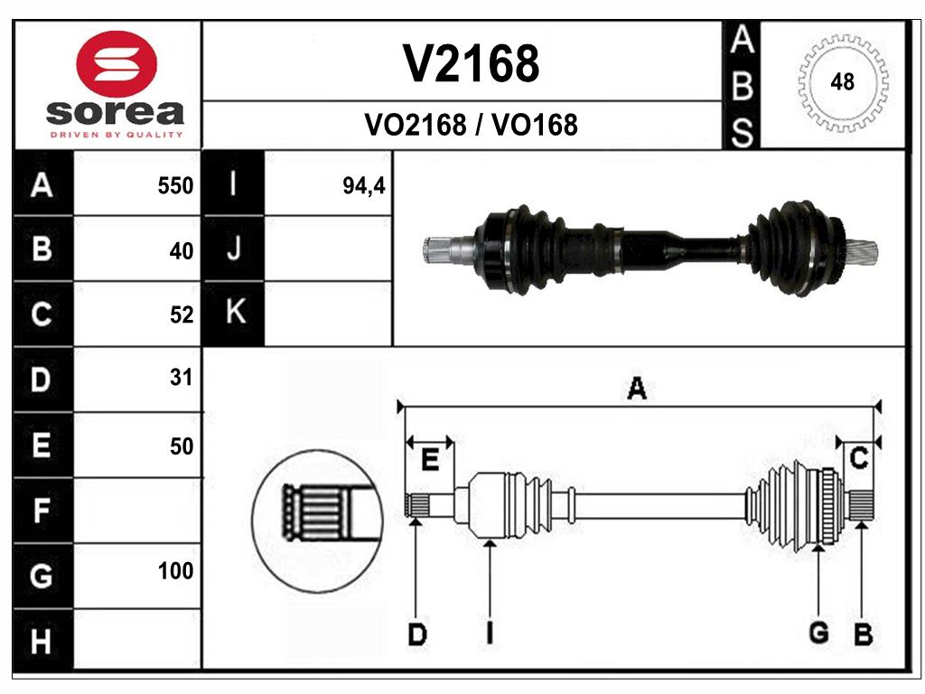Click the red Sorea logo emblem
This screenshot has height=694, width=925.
(x=115, y=65)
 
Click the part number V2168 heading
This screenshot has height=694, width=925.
(x=471, y=64)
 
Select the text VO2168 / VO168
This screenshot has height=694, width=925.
(x=471, y=125)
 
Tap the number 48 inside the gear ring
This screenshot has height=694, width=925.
(x=842, y=83)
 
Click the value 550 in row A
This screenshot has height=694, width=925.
(x=175, y=186)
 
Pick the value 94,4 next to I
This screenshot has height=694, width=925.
(x=364, y=186)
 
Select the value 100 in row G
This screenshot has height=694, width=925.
(x=175, y=571)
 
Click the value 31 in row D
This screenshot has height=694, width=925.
(x=181, y=378)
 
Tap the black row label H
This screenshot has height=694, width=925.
(x=42, y=642)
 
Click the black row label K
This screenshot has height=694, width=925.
(x=234, y=313)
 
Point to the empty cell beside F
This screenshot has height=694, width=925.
(x=136, y=511)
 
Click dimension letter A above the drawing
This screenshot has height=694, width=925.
(x=637, y=389)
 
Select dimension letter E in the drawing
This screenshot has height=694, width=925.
(x=430, y=460)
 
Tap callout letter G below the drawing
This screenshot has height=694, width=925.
(x=818, y=633)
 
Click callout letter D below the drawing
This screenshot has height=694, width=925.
(x=416, y=634)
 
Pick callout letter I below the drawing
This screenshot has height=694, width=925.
(x=489, y=633)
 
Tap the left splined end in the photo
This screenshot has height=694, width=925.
(x=443, y=249)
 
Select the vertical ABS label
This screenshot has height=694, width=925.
(x=741, y=87)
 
